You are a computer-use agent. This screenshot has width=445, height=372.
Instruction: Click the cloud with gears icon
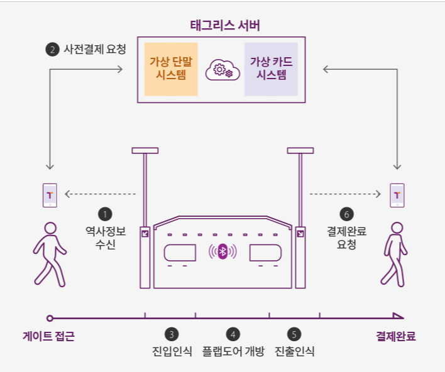click(221, 70)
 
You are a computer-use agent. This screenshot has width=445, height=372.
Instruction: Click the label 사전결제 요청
click(95, 49)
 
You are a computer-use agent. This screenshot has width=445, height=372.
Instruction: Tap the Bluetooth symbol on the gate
click(222, 252)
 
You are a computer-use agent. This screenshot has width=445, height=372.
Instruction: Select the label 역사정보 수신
click(106, 238)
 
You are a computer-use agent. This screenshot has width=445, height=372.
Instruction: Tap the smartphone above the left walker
click(49, 195)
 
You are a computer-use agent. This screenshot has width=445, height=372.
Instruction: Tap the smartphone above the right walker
click(397, 195)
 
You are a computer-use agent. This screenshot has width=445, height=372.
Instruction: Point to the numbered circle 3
click(172, 334)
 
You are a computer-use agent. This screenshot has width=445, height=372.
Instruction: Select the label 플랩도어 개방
click(233, 351)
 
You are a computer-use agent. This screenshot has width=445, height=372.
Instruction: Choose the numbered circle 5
click(295, 334)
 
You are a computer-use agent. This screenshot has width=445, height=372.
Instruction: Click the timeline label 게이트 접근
click(48, 336)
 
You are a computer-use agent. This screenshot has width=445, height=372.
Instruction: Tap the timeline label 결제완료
click(396, 336)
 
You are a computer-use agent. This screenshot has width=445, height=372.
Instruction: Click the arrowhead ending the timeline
click(397, 316)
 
